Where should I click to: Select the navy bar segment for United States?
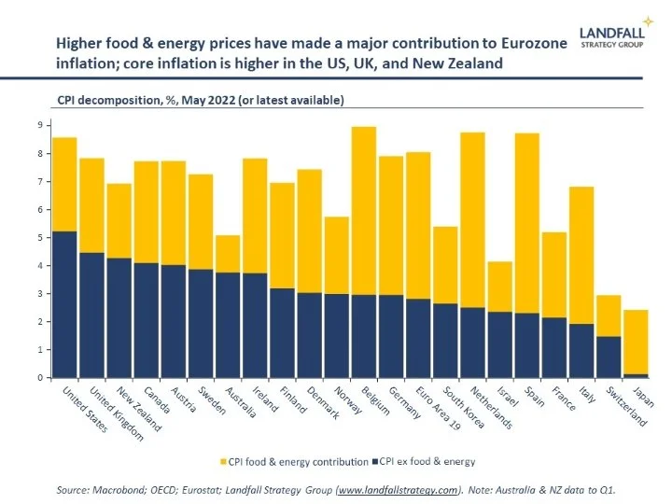64,303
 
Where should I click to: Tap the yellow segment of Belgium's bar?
364,210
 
